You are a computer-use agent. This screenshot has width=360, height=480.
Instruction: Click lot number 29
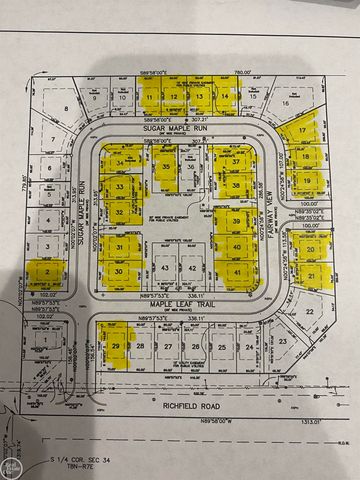coord(117,347)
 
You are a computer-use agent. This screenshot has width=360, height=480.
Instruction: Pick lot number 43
coord(166,269)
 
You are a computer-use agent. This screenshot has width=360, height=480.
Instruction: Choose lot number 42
coord(190,269)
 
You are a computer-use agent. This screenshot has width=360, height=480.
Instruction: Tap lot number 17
coord(301,132)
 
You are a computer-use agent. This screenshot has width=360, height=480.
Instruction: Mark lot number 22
coord(310,311)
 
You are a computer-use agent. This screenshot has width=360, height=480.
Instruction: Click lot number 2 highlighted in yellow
coord(46,271)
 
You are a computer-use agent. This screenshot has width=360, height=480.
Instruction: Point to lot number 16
coord(285,102)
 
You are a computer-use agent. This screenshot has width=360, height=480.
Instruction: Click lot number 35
coord(167,167)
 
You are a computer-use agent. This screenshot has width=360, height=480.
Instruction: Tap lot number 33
coord(120,186)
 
